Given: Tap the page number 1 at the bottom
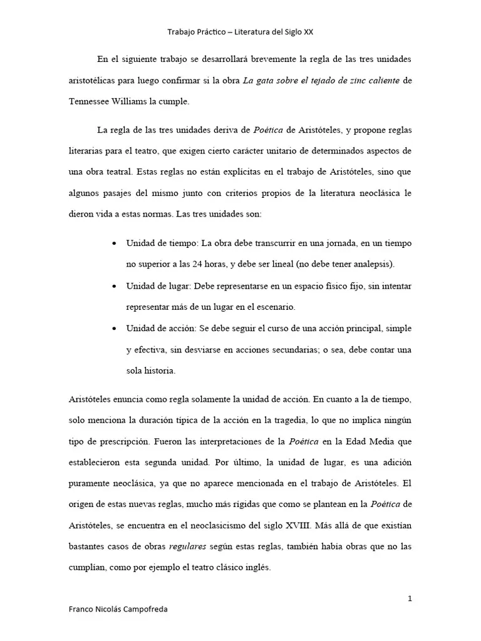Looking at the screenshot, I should click(x=410, y=598).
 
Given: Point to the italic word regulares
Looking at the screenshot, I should click(x=188, y=547).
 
